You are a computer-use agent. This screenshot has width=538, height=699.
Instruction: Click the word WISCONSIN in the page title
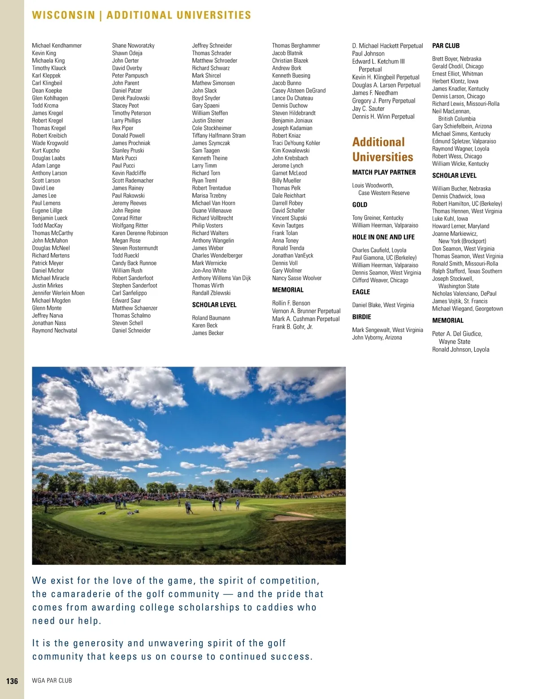(63, 15)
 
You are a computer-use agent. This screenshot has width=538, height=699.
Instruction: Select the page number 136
(12, 681)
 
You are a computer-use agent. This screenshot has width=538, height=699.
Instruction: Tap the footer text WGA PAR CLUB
(52, 681)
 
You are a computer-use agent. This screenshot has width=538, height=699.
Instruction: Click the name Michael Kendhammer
(57, 45)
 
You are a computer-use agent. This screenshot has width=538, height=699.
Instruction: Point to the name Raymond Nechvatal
(54, 331)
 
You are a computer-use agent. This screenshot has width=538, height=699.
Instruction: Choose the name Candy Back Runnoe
(134, 263)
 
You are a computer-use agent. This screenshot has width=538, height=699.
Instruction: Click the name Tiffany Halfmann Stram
(219, 135)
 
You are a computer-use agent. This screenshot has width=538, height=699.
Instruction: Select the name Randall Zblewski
(211, 293)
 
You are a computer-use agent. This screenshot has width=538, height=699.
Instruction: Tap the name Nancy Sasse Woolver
(297, 278)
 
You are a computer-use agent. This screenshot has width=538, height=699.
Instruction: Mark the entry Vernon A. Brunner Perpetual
(306, 311)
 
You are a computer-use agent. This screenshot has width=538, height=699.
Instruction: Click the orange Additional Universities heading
(382, 149)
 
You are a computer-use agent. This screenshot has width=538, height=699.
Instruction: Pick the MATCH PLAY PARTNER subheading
(384, 172)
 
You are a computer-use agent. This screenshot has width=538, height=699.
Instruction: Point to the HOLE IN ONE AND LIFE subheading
(383, 237)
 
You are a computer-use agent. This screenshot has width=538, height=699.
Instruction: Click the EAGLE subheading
(361, 292)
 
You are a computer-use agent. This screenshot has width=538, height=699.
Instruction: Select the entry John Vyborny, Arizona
(377, 337)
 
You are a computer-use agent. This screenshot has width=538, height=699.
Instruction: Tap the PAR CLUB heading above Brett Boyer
(446, 46)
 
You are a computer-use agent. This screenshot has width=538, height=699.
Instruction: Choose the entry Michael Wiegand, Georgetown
(467, 309)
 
